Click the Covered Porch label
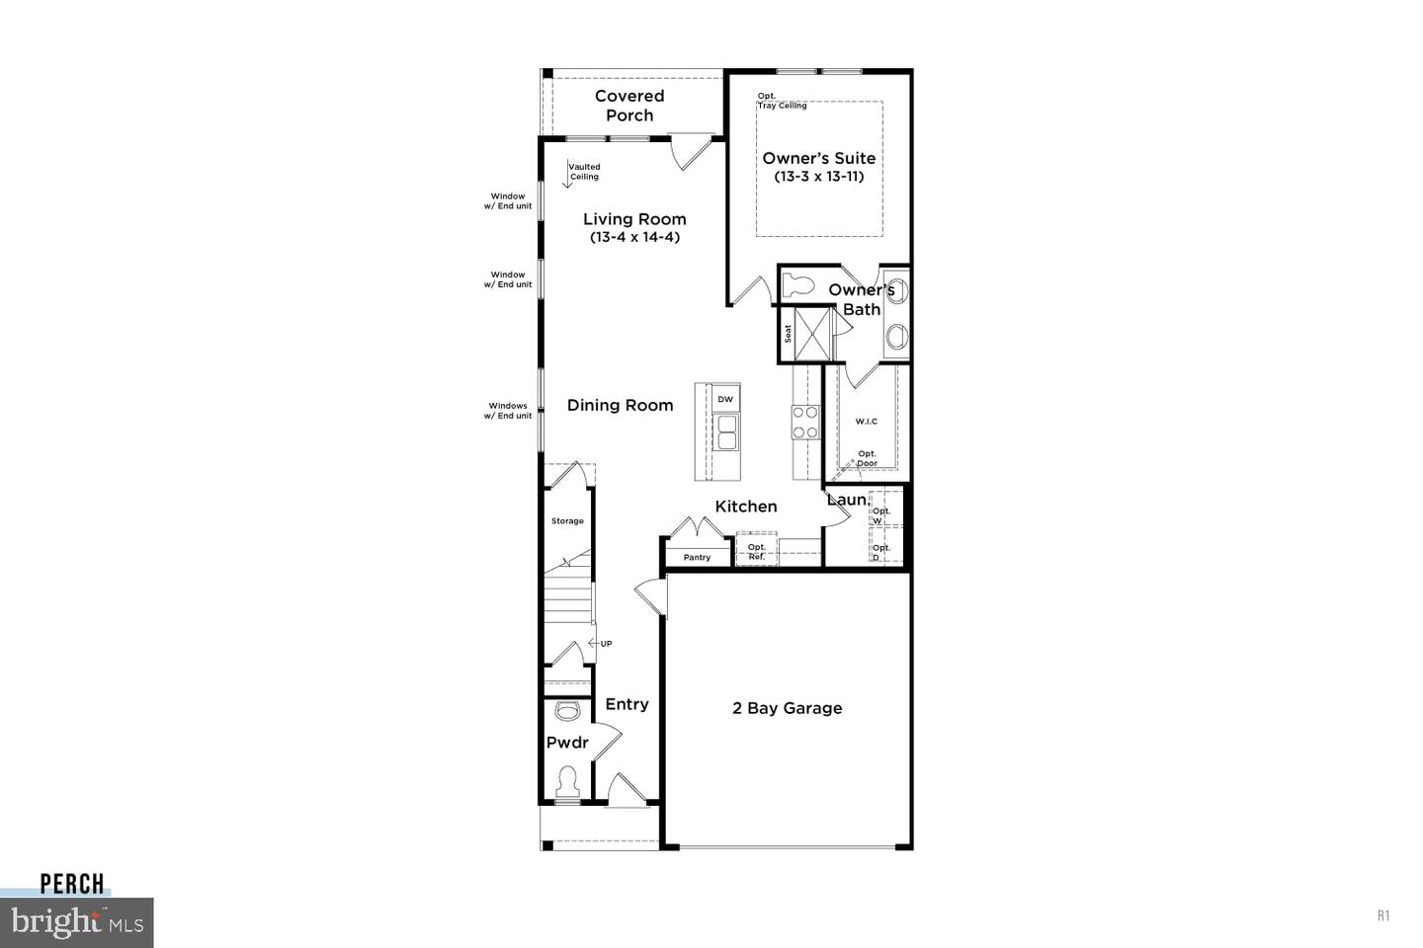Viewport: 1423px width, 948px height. pos(629,106)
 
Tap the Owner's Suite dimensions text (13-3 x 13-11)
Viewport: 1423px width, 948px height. pos(818,177)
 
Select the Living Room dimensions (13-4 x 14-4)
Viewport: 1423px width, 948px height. pos(634,237)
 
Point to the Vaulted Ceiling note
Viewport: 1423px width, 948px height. pos(584,172)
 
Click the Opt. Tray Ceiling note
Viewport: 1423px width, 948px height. pos(782,101)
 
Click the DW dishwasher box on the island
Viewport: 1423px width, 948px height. pos(725,399)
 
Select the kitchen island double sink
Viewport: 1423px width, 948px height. pos(726,433)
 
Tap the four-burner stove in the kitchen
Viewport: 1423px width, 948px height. pos(805,422)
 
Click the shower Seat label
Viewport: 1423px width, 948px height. pos(788,334)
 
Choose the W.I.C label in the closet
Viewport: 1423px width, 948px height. pos(866,422)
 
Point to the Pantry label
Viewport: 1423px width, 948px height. pos(697,557)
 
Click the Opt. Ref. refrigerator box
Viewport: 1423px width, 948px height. pos(756,551)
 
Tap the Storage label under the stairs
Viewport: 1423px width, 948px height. pos(567,520)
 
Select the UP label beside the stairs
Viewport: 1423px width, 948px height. pos(606,644)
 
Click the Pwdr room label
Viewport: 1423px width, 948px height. pos(567,743)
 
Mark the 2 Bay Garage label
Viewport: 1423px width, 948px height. pos(787,708)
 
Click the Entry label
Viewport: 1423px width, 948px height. pos(627,704)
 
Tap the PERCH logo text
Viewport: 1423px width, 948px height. pos(72,884)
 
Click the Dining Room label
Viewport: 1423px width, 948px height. pos(620,405)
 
